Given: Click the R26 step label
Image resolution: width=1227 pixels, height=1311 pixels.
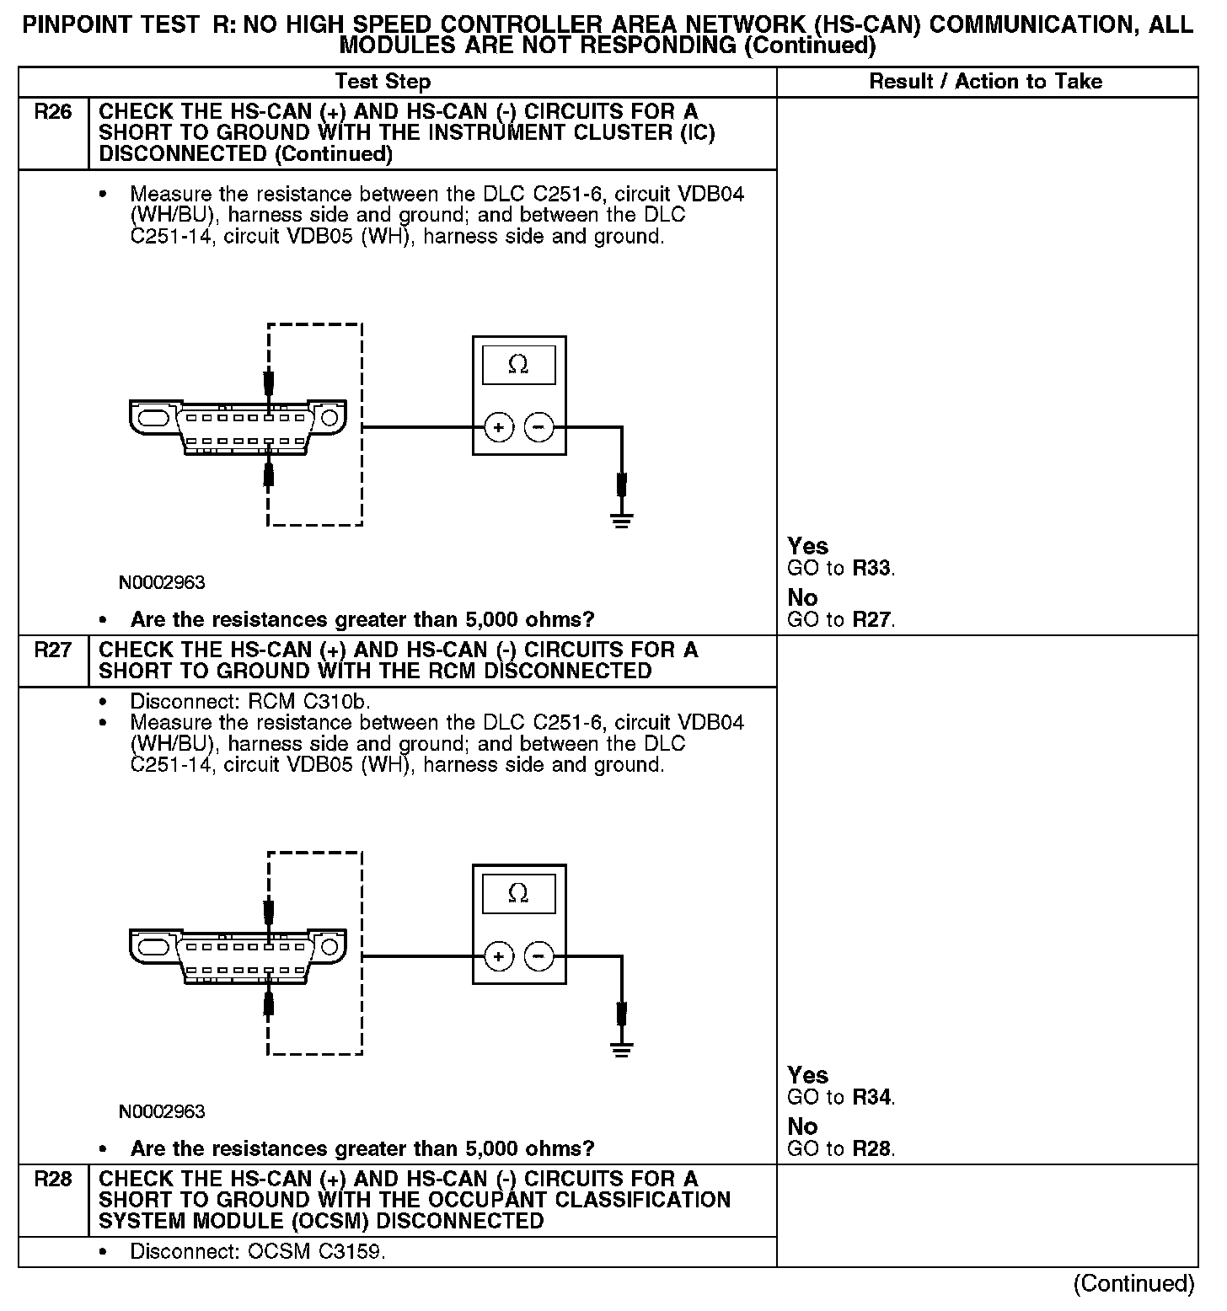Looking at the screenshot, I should pyautogui.click(x=52, y=112).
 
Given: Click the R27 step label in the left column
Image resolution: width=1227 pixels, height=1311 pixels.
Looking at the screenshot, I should pyautogui.click(x=52, y=650).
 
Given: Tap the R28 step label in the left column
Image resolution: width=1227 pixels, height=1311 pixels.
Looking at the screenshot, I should pyautogui.click(x=52, y=1180).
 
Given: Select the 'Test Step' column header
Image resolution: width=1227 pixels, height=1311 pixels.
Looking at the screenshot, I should pyautogui.click(x=383, y=82).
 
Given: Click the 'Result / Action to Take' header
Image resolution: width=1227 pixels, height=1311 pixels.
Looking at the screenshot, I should pyautogui.click(x=985, y=82).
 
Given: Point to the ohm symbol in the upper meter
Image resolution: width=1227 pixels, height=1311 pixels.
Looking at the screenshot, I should pyautogui.click(x=518, y=365).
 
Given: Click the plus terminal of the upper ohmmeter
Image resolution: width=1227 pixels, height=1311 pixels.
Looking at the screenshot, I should pyautogui.click(x=499, y=428).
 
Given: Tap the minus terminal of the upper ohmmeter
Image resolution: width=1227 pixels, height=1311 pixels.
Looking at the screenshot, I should pyautogui.click(x=538, y=428).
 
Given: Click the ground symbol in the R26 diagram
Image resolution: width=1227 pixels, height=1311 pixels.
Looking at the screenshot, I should pyautogui.click(x=622, y=521).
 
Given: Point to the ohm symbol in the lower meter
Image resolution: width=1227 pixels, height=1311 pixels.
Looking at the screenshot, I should pyautogui.click(x=518, y=893).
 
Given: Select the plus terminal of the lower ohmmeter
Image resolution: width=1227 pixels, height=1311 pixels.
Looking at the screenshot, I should pyautogui.click(x=499, y=956).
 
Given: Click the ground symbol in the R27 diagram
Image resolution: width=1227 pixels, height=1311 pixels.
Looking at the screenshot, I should pyautogui.click(x=622, y=1049).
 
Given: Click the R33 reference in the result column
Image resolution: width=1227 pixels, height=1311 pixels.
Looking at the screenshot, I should pyautogui.click(x=871, y=569).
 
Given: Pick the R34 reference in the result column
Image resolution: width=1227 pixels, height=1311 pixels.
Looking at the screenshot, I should pyautogui.click(x=871, y=1098).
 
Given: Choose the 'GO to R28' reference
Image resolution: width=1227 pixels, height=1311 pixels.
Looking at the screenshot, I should pyautogui.click(x=840, y=1149).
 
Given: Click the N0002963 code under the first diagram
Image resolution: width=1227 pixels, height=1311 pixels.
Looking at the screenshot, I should pyautogui.click(x=162, y=583).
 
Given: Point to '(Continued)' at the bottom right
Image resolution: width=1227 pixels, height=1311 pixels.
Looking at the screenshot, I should pyautogui.click(x=1133, y=1283).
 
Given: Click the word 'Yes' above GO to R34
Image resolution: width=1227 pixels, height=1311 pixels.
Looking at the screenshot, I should pyautogui.click(x=807, y=1075).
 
